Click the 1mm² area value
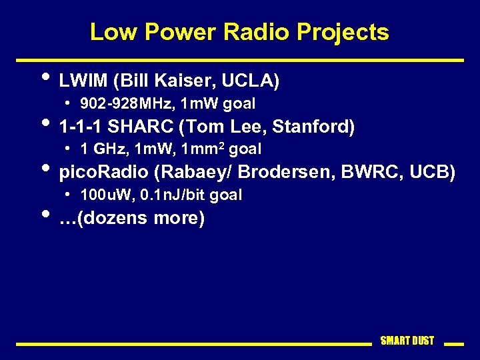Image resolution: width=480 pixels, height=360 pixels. (207, 149)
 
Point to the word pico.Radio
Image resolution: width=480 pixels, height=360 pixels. (103, 172)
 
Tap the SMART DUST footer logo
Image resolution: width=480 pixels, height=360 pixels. (407, 341)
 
